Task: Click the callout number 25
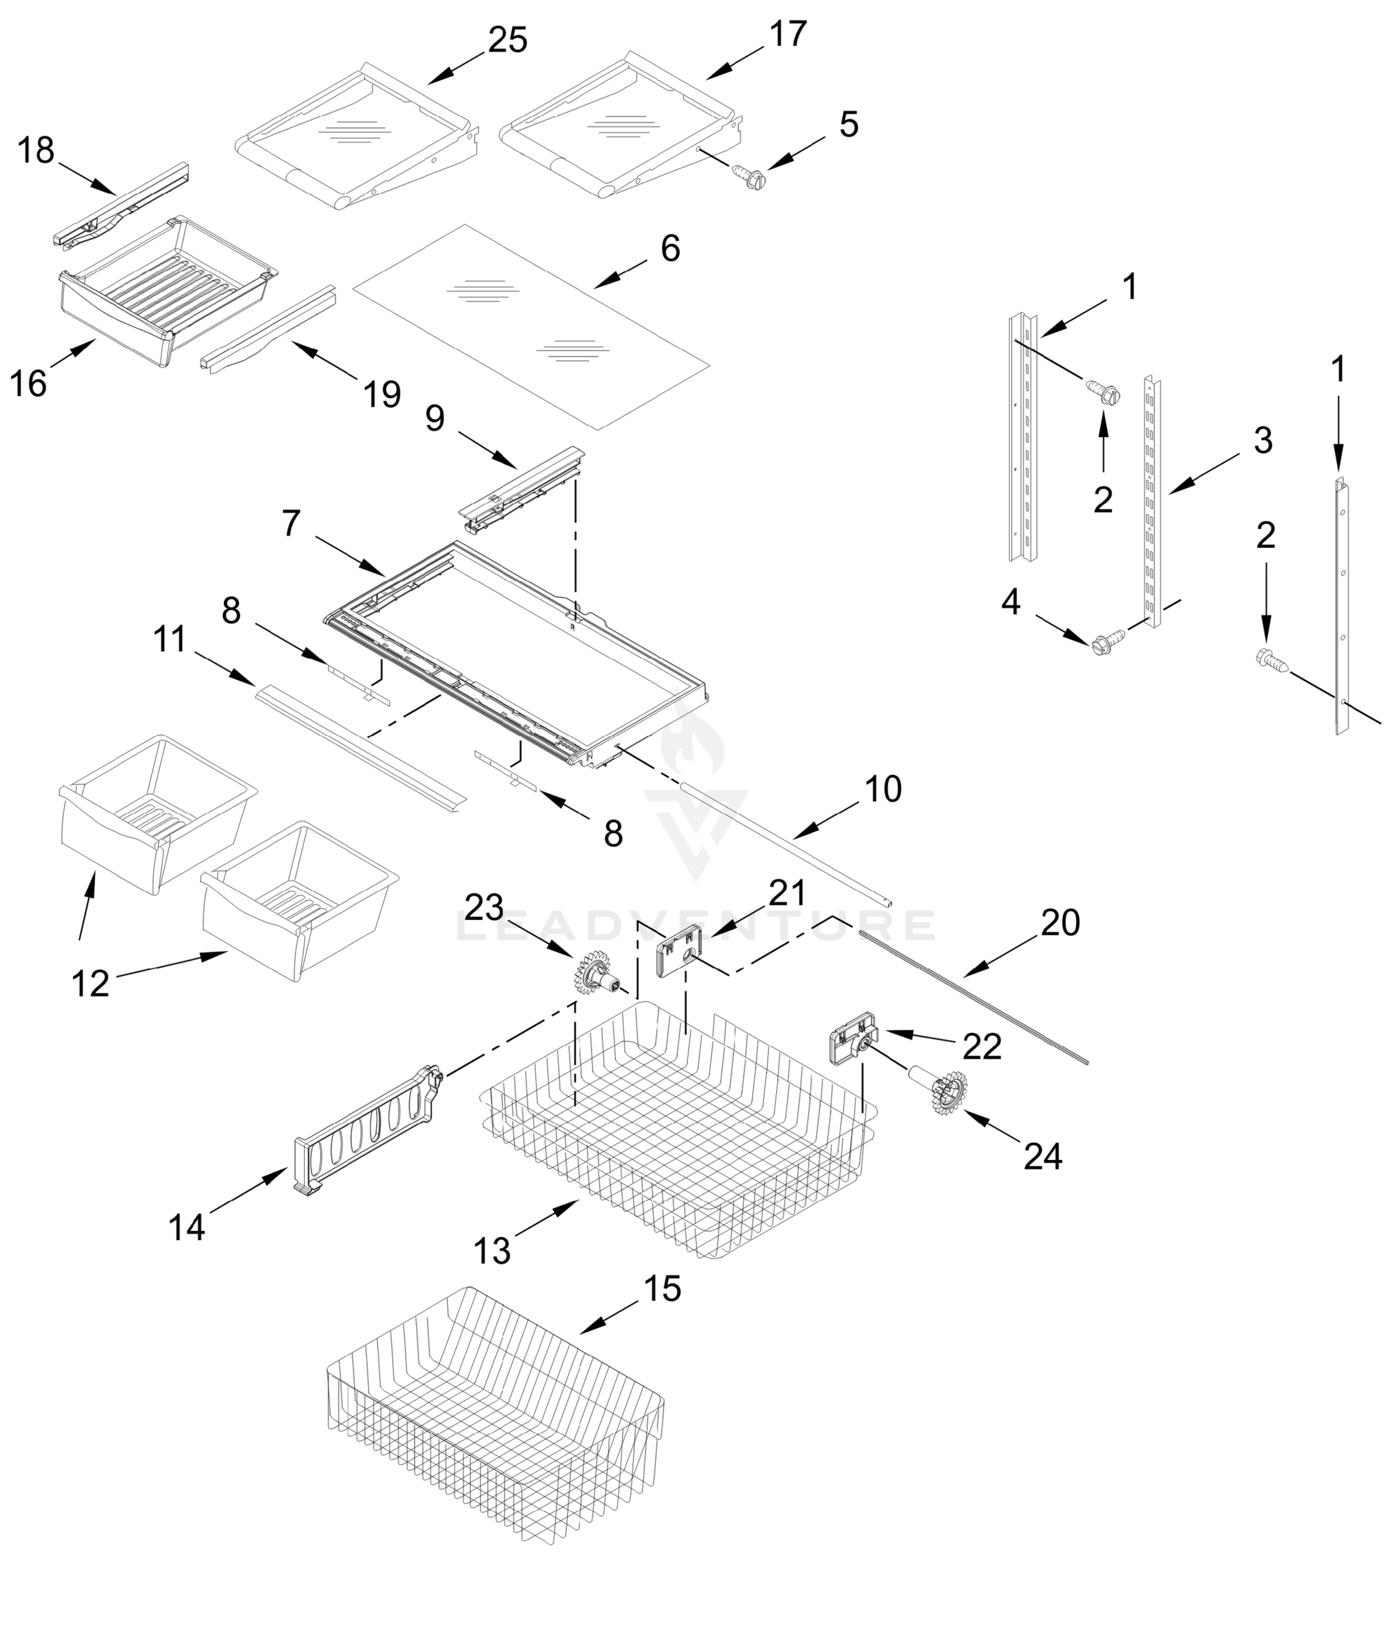[x=507, y=40]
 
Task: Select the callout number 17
[x=788, y=34]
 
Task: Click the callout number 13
[x=492, y=1251]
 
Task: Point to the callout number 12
[x=90, y=983]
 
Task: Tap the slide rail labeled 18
[x=121, y=203]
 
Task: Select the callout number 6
[x=670, y=248]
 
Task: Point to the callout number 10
[x=883, y=788]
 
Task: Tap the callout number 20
[x=1060, y=923]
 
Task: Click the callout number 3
[x=1263, y=440]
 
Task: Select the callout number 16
[x=28, y=384]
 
